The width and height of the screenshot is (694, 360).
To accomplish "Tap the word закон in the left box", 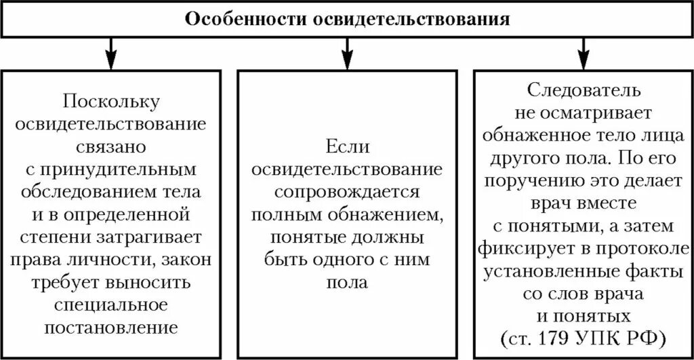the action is pyautogui.click(x=187, y=260).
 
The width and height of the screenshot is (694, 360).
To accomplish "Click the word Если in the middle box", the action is pyautogui.click(x=347, y=146).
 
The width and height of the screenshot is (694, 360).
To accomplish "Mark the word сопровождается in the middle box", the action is pyautogui.click(x=347, y=192).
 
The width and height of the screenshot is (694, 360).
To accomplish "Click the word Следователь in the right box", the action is pyautogui.click(x=582, y=89).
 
